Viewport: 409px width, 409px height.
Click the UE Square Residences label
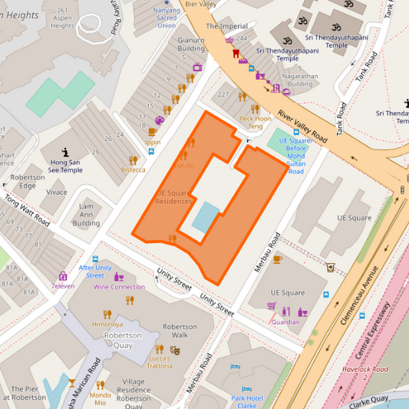pos(173,197)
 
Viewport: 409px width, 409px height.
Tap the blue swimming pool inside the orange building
pos(205,216)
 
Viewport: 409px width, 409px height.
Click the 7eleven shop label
pos(62,286)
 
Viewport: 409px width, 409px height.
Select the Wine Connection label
pos(119,287)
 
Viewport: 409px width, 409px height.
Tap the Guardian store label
pos(285,322)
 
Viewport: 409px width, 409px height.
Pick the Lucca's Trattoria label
pos(159,362)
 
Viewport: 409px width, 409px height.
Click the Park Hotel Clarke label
pos(247,401)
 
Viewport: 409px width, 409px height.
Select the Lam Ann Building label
pos(86,215)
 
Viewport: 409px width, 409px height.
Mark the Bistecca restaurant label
pos(133,170)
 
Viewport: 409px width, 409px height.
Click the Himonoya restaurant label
pos(107,324)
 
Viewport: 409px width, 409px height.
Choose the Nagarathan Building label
pos(299,80)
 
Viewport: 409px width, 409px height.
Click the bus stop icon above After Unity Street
pos(95,259)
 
